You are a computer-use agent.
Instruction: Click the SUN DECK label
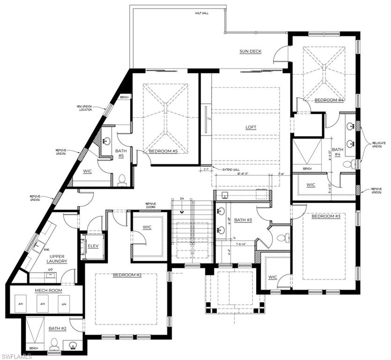pos(250,52)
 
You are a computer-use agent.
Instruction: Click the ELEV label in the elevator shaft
pos(94,245)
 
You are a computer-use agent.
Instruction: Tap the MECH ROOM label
pos(46,290)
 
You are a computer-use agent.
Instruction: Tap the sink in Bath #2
pos(73,346)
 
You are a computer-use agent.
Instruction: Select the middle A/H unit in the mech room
pos(43,304)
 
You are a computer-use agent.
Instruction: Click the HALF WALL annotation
pos(202,13)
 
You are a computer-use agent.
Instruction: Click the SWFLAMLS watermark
pos(16,356)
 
